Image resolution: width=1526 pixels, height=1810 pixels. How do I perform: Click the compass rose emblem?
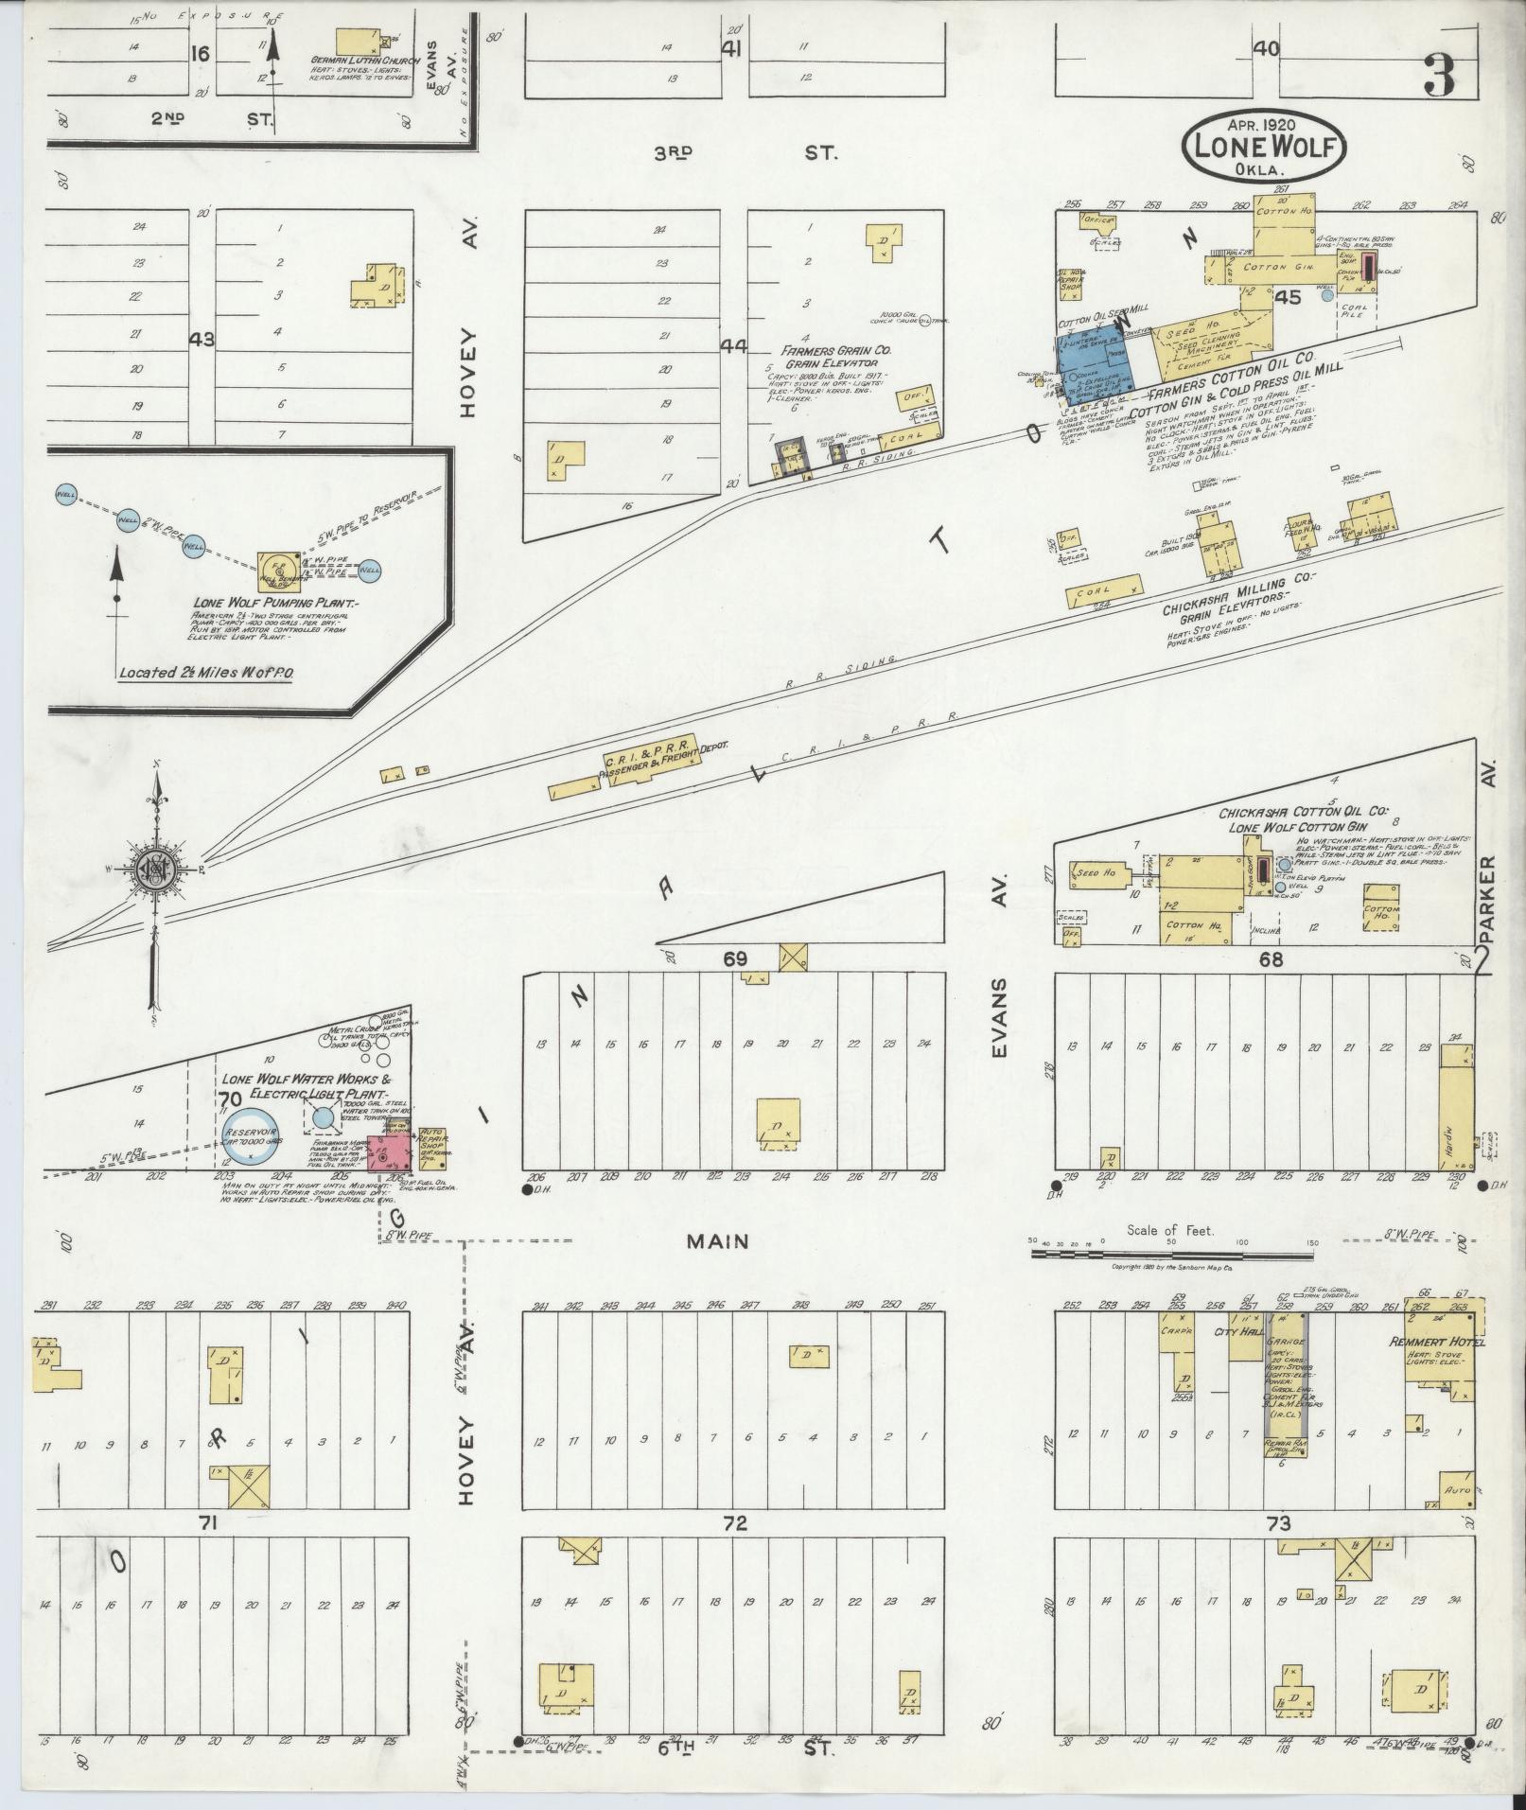pyautogui.click(x=151, y=867)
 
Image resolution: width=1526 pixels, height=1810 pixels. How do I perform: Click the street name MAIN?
pyautogui.click(x=718, y=1241)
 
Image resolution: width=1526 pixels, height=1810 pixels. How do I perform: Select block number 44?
pyautogui.click(x=733, y=346)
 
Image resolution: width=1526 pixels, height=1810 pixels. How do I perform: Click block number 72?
pyautogui.click(x=734, y=1523)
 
